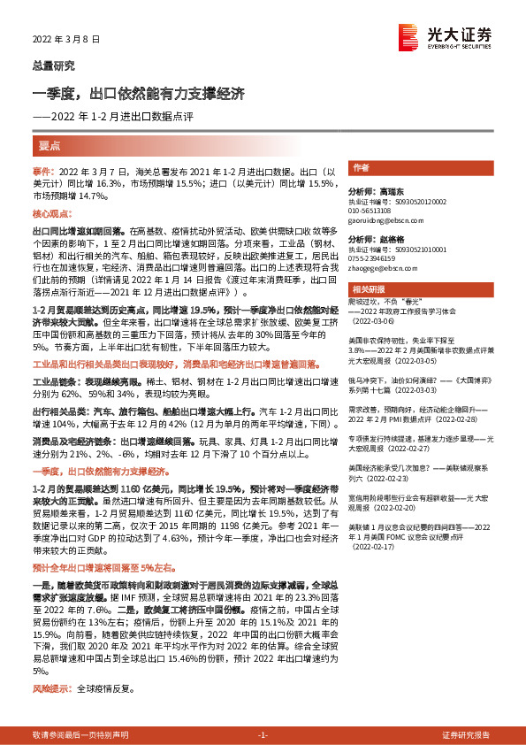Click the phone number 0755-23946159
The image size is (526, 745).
[x=374, y=257]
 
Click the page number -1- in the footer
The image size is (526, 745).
[x=263, y=735]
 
